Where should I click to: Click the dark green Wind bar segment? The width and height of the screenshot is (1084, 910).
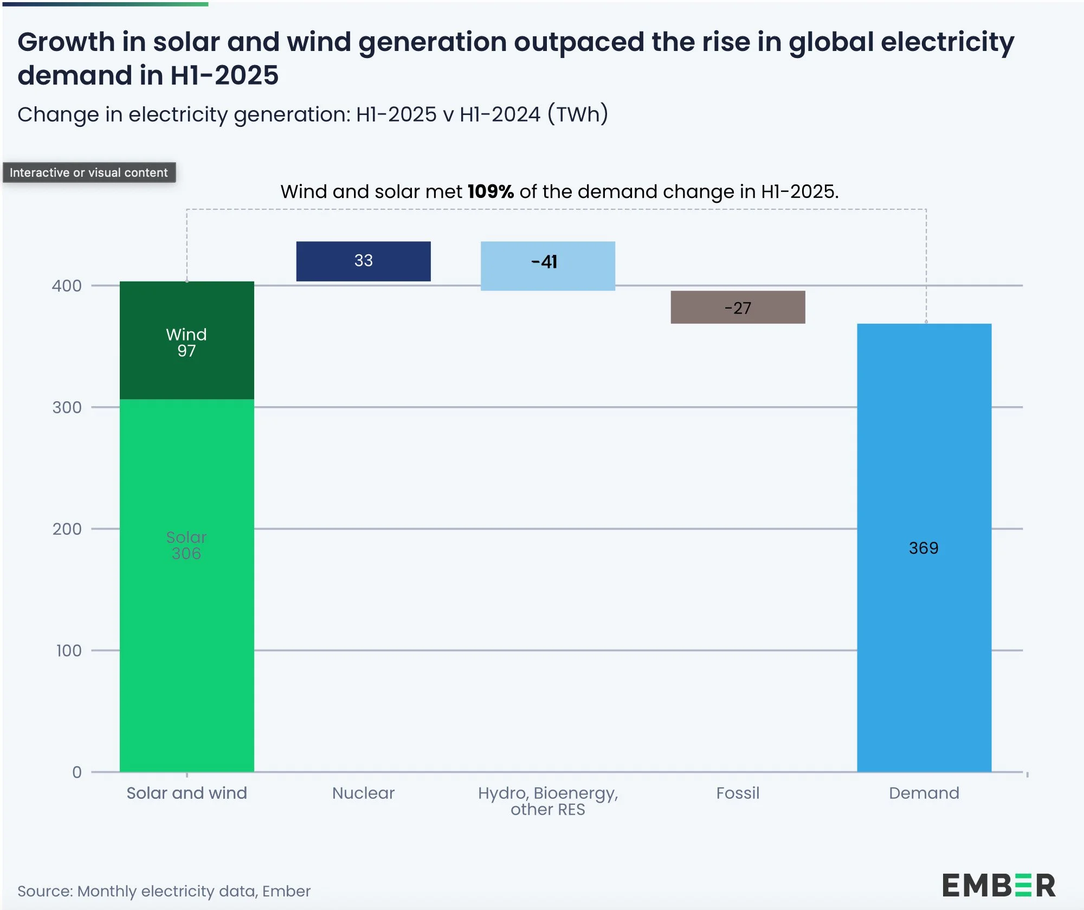[x=186, y=340]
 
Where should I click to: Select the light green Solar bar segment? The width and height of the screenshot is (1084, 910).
[x=186, y=586]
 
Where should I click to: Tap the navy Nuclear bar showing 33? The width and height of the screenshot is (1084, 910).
[x=363, y=261]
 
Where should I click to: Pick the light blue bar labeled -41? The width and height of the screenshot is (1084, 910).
[x=547, y=266]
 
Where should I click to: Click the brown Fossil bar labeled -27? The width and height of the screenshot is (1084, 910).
[x=738, y=307]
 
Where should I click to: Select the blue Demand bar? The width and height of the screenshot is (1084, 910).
[x=924, y=548]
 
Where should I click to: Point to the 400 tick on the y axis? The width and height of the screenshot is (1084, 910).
[x=67, y=286]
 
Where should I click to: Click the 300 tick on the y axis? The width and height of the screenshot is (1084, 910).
[x=67, y=407]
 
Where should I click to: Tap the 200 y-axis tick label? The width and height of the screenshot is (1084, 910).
[x=67, y=529]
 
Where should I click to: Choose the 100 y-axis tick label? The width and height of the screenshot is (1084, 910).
[x=69, y=650]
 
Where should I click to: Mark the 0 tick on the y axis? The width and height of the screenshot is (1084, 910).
[x=77, y=772]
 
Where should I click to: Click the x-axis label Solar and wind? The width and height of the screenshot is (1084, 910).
[x=186, y=793]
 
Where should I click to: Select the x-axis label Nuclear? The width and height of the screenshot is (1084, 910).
[x=363, y=793]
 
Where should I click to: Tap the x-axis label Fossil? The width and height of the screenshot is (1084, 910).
[x=738, y=793]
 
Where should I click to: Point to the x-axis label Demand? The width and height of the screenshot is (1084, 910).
[x=924, y=793]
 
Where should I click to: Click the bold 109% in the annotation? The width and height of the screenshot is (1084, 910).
[x=491, y=191]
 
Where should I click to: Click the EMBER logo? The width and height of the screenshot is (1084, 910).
[x=998, y=886]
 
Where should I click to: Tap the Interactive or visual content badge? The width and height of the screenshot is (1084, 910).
[x=89, y=172]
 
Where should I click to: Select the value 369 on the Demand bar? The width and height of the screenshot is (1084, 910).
[x=924, y=548]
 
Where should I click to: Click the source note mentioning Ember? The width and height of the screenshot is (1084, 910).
[x=164, y=891]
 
